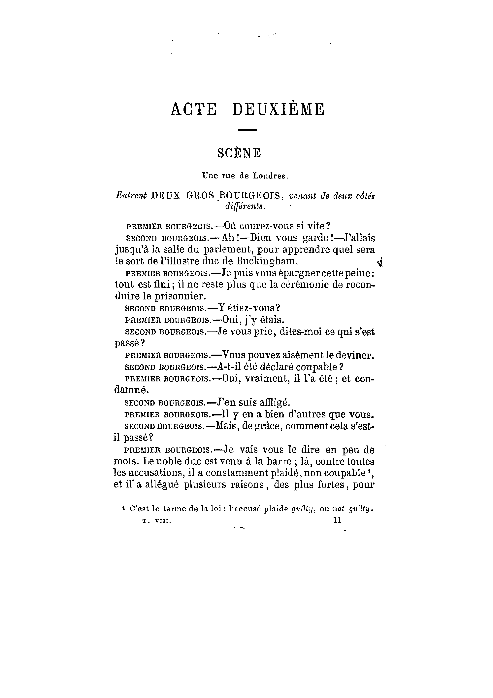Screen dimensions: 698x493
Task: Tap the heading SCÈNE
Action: coord(239,153)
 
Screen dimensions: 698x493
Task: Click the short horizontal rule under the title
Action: coord(247,130)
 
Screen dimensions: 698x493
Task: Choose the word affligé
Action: coord(273,403)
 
